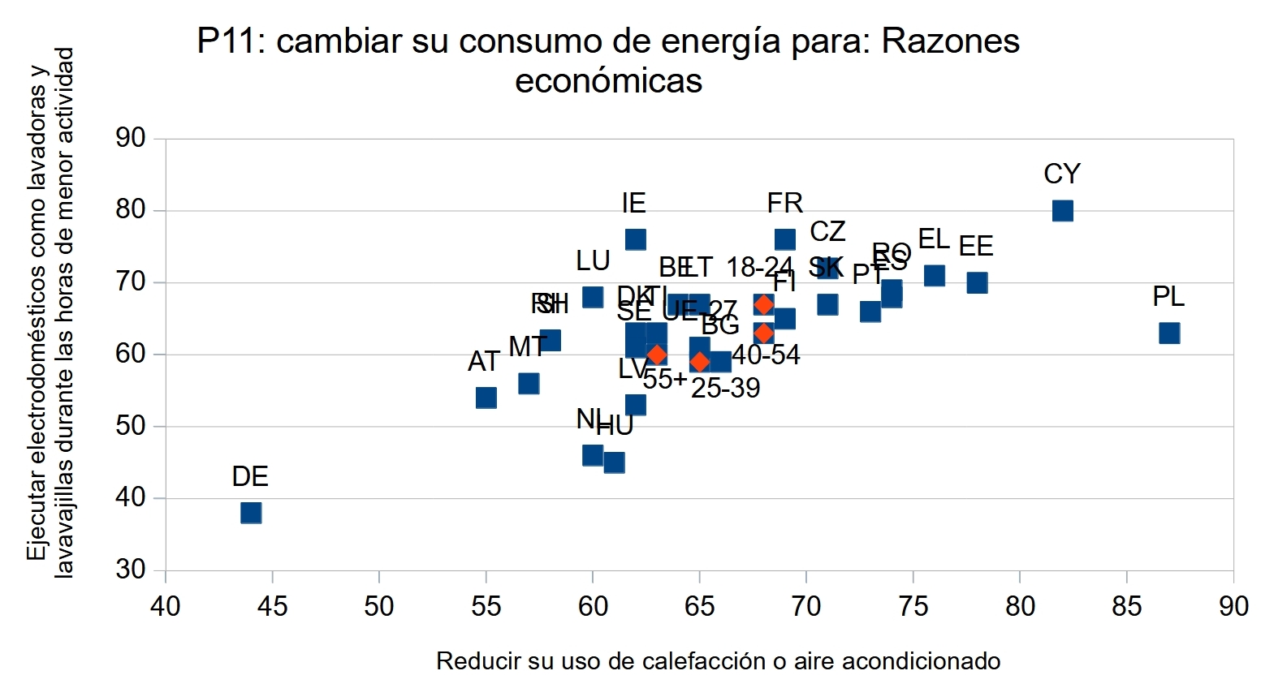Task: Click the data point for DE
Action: pyautogui.click(x=251, y=513)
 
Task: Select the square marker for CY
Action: pyautogui.click(x=1062, y=211)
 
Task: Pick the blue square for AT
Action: pyautogui.click(x=486, y=398)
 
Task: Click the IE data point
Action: pyautogui.click(x=635, y=239)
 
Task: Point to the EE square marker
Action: pyautogui.click(x=977, y=282)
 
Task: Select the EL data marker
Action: pyautogui.click(x=934, y=276)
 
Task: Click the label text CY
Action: pyautogui.click(x=1061, y=174)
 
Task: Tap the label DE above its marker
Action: pyautogui.click(x=249, y=476)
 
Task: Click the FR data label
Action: pyautogui.click(x=784, y=203)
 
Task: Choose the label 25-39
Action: pyautogui.click(x=725, y=389)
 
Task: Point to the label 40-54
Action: pyautogui.click(x=766, y=355)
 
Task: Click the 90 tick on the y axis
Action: pyautogui.click(x=130, y=139)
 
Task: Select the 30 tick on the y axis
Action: pyautogui.click(x=130, y=570)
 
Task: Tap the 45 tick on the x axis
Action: pyautogui.click(x=272, y=606)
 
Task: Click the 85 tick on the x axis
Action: pyautogui.click(x=1126, y=606)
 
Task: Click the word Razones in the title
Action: pyautogui.click(x=950, y=41)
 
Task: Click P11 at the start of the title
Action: pyautogui.click(x=228, y=41)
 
